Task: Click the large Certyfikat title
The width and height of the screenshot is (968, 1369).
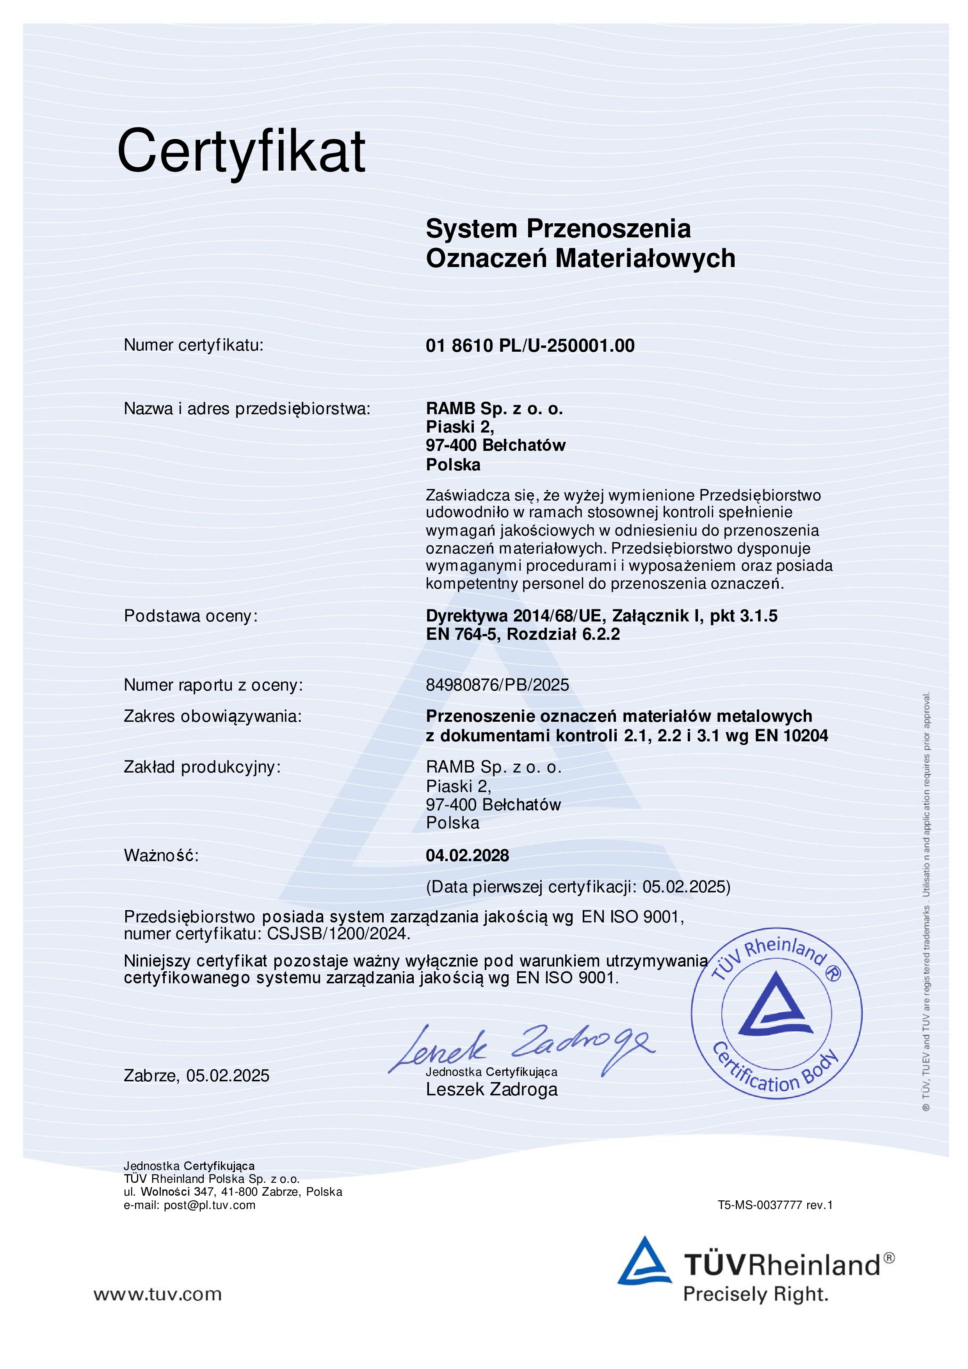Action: click(241, 151)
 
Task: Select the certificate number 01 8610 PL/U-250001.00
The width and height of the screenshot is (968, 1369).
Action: click(530, 346)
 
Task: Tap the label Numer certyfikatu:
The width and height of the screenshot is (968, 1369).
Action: click(193, 345)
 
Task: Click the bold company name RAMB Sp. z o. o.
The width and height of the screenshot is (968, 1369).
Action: click(494, 409)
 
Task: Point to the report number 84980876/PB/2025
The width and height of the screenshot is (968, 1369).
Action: click(497, 685)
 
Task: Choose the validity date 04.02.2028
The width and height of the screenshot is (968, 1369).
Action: click(467, 856)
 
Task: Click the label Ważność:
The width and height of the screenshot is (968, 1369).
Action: click(161, 856)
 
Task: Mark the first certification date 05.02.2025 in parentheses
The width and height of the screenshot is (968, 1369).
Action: click(685, 887)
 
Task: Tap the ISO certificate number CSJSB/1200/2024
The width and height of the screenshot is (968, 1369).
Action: click(338, 934)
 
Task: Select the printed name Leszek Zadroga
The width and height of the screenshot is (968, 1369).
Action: click(492, 1090)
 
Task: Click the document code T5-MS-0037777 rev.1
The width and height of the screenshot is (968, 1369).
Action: click(775, 1205)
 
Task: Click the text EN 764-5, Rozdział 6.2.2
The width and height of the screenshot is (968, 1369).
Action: click(523, 634)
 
